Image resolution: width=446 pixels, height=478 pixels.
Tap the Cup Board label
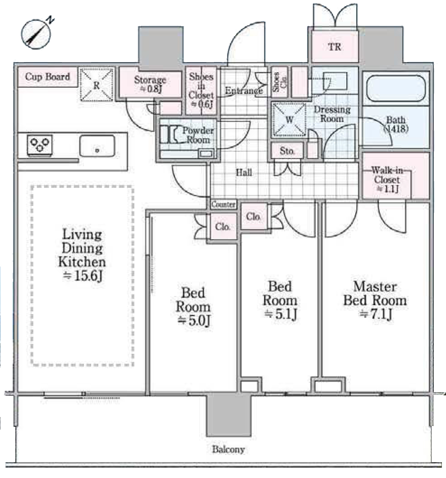47,76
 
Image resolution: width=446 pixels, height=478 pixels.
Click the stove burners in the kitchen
40,145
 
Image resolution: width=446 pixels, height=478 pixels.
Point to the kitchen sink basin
97,146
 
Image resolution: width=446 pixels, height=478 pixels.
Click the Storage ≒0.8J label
150,84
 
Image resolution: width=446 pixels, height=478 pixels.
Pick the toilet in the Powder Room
170,135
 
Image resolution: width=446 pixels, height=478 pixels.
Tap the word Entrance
243,90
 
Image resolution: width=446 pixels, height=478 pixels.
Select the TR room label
334,47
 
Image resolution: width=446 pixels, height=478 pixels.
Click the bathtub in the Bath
396,88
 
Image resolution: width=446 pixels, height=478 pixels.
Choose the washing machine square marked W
289,119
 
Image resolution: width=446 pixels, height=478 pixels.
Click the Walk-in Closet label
387,179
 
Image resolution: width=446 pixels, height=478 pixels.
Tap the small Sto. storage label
287,151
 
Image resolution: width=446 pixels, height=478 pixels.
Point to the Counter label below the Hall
223,204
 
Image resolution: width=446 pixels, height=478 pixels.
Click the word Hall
244,173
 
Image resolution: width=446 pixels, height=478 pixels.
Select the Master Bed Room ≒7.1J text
375,300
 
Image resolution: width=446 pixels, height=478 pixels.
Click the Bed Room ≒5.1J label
280,300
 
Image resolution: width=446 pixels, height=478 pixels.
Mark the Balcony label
228,449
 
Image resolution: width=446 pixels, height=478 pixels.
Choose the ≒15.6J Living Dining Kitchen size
82,276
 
